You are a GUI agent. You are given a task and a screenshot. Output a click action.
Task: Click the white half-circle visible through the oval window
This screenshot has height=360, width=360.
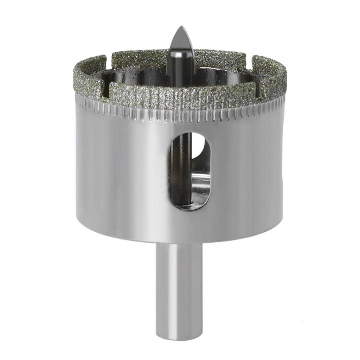point(199,148)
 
